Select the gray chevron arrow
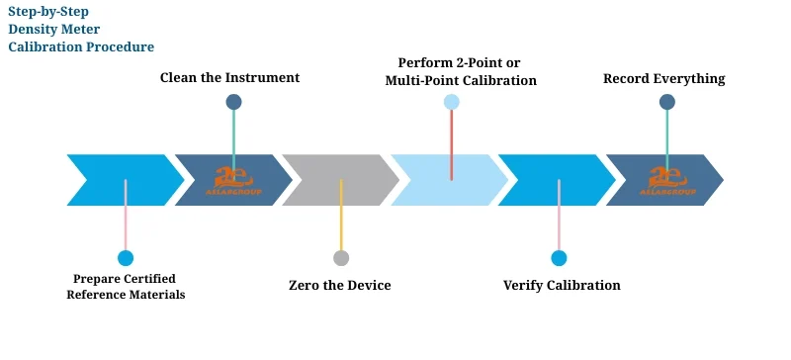click(x=331, y=180)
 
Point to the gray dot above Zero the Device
click(x=341, y=258)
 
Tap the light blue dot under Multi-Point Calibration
click(x=451, y=101)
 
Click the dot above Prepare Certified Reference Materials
click(x=126, y=258)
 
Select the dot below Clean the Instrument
click(x=233, y=101)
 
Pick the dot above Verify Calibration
click(x=559, y=258)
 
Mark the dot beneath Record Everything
click(x=667, y=101)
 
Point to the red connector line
click(x=451, y=144)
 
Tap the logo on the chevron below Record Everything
click(x=673, y=180)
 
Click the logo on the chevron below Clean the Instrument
click(x=234, y=180)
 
